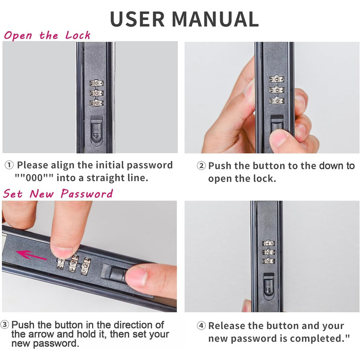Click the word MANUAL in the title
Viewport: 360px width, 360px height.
215,19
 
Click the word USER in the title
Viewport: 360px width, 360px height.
137,19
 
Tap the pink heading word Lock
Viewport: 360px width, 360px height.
78,35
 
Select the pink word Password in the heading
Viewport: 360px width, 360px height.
87,193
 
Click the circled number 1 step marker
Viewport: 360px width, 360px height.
9,165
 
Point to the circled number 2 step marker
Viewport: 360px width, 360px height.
202,166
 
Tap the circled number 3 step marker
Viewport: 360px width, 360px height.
5,325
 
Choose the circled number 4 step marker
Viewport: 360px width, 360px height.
202,326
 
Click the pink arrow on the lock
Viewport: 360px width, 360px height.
31,255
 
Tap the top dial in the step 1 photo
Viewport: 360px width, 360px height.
97,83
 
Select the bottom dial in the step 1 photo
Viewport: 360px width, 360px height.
97,103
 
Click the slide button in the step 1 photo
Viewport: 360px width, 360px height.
97,131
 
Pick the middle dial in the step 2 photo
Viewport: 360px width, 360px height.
277,90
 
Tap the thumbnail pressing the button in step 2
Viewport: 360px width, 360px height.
279,138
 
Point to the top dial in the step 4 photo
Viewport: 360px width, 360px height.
268,243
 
